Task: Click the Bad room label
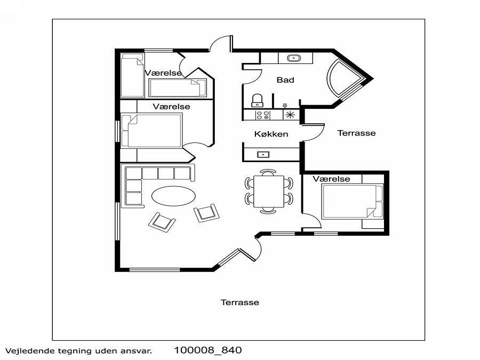(285, 80)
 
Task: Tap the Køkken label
(271, 134)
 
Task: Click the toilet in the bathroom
(257, 100)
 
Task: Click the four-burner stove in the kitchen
(263, 115)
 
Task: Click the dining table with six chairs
(269, 191)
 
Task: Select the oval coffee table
(173, 196)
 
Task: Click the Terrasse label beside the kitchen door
(356, 133)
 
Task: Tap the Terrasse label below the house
(239, 302)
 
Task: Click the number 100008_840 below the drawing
(208, 350)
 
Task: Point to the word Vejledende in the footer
(26, 351)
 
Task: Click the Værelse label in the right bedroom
(331, 179)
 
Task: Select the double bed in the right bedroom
(352, 202)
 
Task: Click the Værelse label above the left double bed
(171, 107)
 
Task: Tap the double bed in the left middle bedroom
(151, 131)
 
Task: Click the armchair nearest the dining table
(206, 212)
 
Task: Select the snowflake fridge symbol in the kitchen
(290, 115)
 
